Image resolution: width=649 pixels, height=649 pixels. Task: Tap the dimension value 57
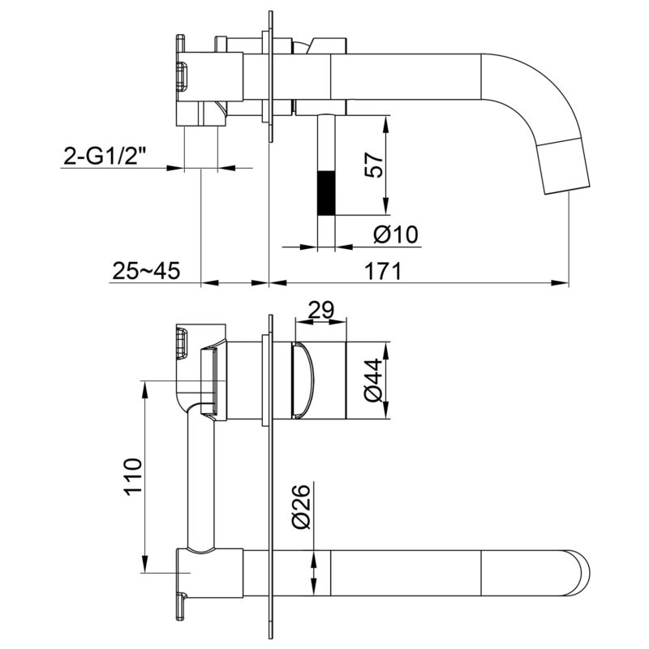(x=375, y=165)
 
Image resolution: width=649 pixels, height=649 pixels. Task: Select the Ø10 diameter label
(x=396, y=234)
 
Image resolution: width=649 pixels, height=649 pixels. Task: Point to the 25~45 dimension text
(x=146, y=271)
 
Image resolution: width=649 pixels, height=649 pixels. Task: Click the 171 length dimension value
(x=383, y=271)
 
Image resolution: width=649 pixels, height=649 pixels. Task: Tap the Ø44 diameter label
(x=375, y=380)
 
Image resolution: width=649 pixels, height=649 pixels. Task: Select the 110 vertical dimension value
(x=133, y=476)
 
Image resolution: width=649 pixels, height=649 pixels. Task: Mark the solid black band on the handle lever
(x=326, y=193)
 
